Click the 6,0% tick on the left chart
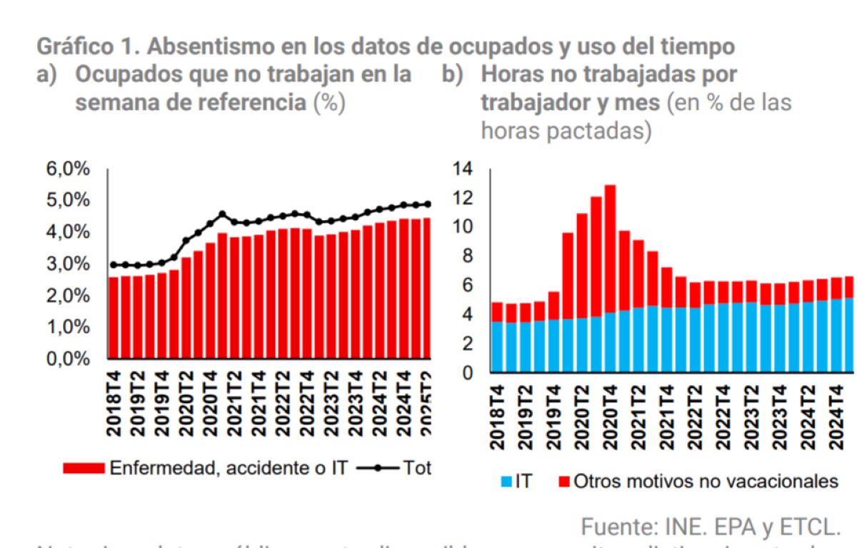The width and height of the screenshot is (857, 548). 69,169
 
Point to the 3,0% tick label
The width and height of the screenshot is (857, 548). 69,264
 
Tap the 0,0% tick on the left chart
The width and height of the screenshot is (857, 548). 69,359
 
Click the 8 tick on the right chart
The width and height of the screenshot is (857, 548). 467,256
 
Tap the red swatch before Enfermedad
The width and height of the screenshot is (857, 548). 84,467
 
